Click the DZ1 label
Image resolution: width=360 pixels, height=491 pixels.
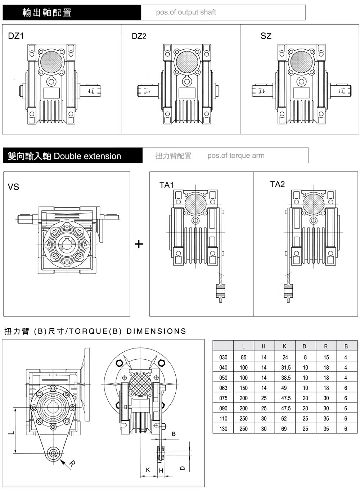[16, 36]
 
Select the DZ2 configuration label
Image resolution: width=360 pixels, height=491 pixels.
[139, 36]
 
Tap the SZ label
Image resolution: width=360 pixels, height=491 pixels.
[266, 36]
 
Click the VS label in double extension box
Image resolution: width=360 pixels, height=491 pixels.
[13, 187]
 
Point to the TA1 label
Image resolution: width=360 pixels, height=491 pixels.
[167, 185]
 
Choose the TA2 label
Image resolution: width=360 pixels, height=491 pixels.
[278, 184]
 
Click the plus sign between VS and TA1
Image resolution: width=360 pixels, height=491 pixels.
[139, 244]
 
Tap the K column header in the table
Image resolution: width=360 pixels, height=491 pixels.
[284, 346]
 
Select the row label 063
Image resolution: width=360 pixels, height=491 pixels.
[223, 388]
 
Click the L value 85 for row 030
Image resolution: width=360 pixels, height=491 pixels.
[244, 357]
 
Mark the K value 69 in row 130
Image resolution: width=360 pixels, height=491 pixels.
[284, 429]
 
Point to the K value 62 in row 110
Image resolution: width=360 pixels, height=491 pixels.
[284, 419]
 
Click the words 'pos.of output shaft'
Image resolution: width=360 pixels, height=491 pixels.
[186, 12]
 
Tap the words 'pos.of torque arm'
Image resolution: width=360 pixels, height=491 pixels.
[236, 156]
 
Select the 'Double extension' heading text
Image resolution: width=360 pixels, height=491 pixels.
[87, 156]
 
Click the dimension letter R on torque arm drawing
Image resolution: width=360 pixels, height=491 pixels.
[72, 464]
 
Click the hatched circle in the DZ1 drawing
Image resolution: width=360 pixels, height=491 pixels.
[51, 61]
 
